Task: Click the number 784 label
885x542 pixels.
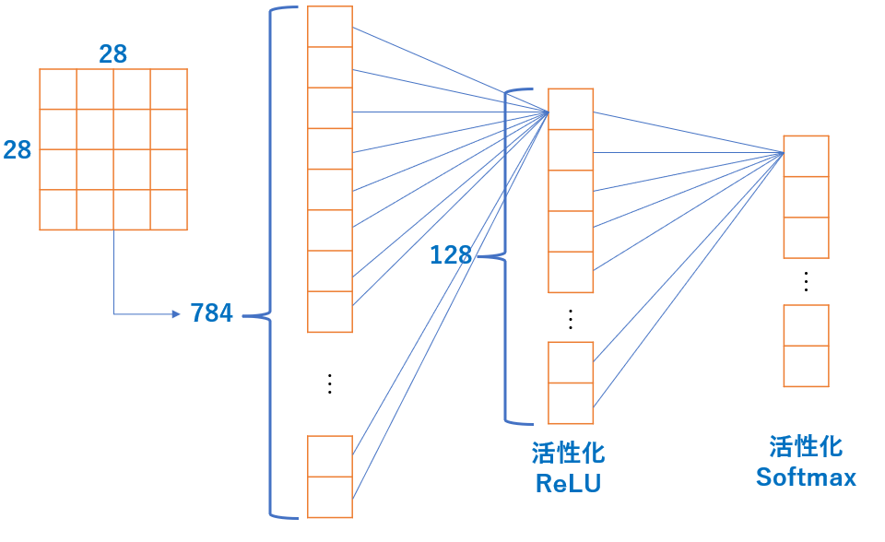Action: pyautogui.click(x=211, y=313)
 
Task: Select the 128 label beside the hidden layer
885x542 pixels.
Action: pyautogui.click(x=451, y=255)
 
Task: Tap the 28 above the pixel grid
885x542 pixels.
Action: pyautogui.click(x=112, y=54)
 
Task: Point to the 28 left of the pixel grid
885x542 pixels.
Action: pyautogui.click(x=17, y=149)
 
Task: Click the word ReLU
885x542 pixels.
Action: pyautogui.click(x=568, y=482)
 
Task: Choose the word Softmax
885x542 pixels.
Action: pyautogui.click(x=806, y=477)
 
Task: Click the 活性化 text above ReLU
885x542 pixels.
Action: pyautogui.click(x=568, y=454)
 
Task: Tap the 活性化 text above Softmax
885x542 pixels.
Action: pyautogui.click(x=806, y=447)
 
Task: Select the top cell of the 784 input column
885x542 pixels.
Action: pyautogui.click(x=330, y=27)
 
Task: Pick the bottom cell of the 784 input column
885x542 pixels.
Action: pyautogui.click(x=330, y=497)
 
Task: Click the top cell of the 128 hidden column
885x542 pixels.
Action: pyautogui.click(x=571, y=109)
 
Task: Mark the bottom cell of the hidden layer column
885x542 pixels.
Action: pyautogui.click(x=571, y=403)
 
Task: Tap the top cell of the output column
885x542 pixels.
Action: pyautogui.click(x=806, y=156)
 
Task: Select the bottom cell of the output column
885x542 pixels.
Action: pyautogui.click(x=806, y=366)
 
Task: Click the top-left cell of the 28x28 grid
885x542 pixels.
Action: pyautogui.click(x=58, y=88)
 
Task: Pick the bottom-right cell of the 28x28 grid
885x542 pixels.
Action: pyautogui.click(x=169, y=209)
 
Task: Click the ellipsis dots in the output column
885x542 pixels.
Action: pyautogui.click(x=806, y=281)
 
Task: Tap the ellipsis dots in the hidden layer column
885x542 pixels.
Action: pyautogui.click(x=571, y=318)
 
